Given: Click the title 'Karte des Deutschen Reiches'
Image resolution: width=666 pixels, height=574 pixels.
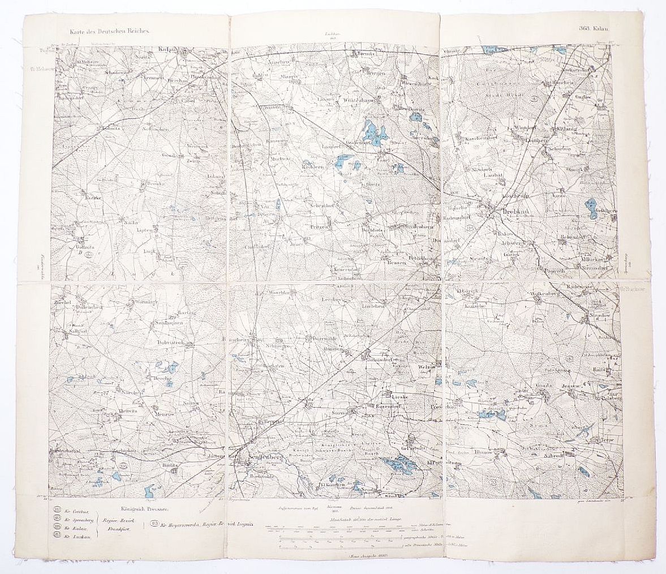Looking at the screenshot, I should point(107,33).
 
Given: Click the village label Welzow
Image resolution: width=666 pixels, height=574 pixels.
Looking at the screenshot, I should point(427,367).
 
